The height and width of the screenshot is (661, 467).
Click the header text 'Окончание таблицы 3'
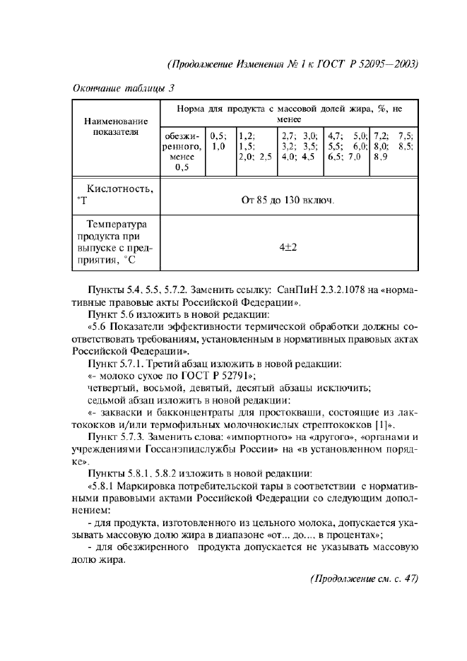click(124, 88)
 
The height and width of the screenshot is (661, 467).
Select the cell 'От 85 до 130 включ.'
click(288, 199)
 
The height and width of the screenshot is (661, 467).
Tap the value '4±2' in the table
click(288, 248)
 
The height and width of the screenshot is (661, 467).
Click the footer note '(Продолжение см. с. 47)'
click(365, 578)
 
